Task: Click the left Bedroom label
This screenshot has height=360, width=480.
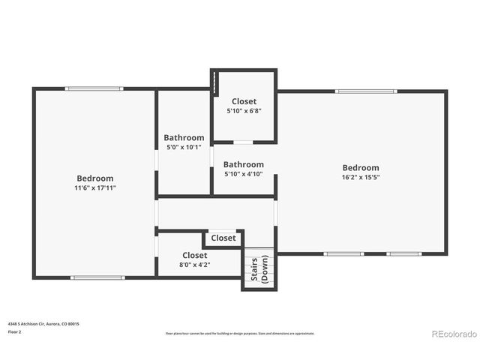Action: coord(95,178)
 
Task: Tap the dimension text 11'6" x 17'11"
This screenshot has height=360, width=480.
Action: coord(95,187)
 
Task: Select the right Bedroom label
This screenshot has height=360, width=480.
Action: coord(361,167)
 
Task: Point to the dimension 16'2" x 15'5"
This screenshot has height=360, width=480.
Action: coord(361,178)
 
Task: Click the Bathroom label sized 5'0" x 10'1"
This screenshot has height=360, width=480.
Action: coord(184,137)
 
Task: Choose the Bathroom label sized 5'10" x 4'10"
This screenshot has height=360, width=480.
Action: coord(243,164)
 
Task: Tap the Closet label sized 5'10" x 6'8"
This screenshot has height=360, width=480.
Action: coord(244,101)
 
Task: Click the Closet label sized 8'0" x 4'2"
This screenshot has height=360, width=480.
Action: coord(195,255)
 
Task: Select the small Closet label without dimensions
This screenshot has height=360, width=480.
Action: coord(223,238)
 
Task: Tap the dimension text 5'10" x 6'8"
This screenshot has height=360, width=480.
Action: coord(244,111)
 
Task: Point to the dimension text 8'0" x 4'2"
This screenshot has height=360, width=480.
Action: coord(195,264)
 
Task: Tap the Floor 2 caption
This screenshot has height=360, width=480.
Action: coord(15,331)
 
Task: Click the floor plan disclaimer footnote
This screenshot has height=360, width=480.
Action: coord(240,333)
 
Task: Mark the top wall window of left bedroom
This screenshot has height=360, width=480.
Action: coord(94,88)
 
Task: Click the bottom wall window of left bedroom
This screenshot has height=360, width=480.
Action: coord(97,277)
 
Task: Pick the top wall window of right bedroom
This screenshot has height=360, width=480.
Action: coord(365,91)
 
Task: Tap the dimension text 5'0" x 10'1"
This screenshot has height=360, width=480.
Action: coord(184,147)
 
